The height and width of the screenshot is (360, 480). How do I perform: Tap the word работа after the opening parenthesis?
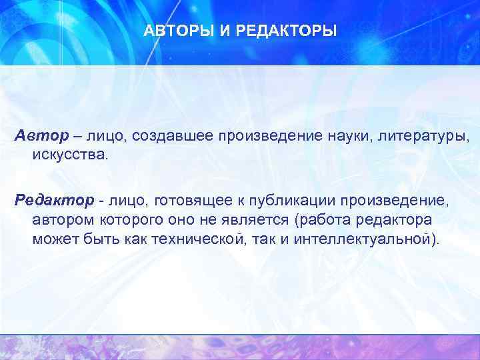pyautogui.click(x=324, y=219)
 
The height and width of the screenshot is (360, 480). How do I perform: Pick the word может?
pyautogui.click(x=52, y=239)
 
